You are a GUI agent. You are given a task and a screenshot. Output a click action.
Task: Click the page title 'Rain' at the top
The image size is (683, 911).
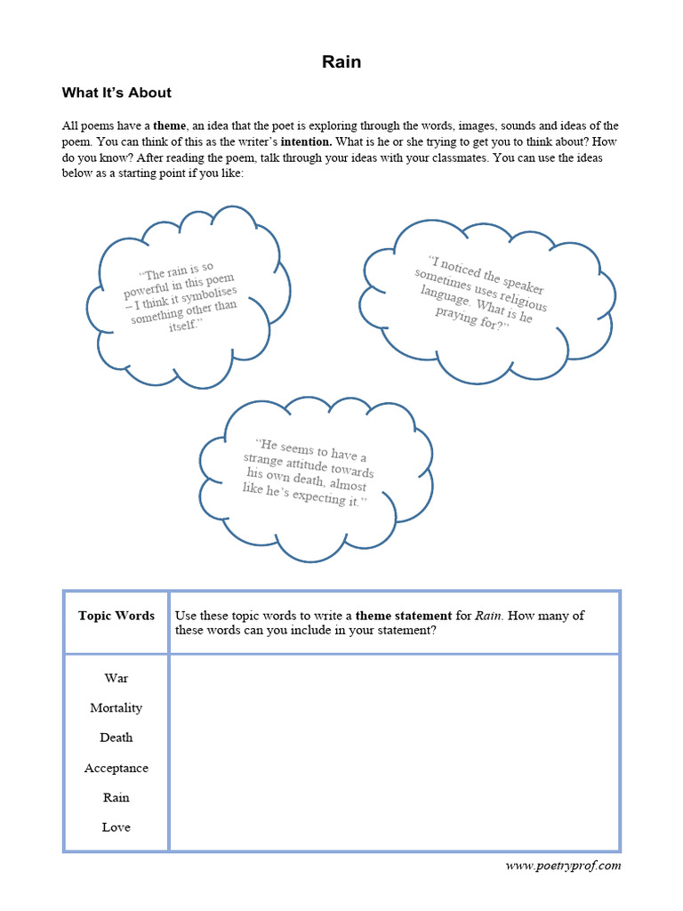tap(341, 61)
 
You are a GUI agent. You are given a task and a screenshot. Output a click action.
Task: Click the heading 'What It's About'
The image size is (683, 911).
tap(117, 93)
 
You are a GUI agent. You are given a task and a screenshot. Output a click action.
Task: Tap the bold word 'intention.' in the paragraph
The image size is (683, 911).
tap(307, 141)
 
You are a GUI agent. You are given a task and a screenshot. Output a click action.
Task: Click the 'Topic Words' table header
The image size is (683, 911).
tap(117, 616)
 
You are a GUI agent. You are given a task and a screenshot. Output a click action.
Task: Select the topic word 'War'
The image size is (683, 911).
tap(117, 678)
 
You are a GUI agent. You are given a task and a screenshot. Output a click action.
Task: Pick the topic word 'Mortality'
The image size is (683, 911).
tap(117, 708)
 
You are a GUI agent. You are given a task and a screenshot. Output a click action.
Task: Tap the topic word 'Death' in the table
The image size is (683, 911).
tap(117, 738)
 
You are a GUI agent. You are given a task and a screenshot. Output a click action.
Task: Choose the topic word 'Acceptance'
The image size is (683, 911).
tap(117, 768)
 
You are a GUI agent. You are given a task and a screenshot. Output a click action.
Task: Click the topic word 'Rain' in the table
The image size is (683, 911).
tap(117, 797)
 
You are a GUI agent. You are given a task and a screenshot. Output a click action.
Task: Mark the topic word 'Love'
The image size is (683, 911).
tap(117, 827)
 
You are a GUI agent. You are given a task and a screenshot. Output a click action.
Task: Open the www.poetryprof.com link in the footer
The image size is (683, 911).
tap(563, 866)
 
